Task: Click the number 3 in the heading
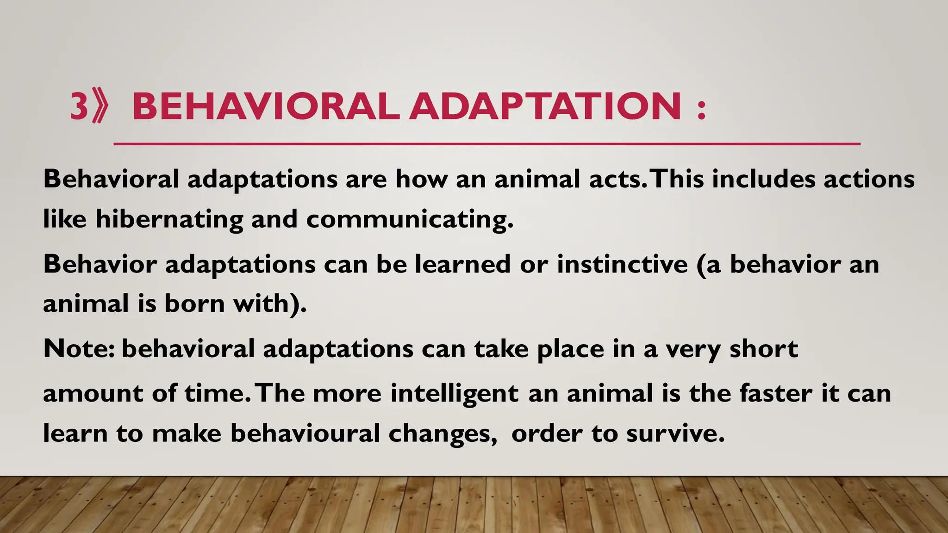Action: pos(79,106)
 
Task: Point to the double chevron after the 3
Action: pos(100,107)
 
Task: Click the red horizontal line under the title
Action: pos(486,144)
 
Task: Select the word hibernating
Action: pos(169,219)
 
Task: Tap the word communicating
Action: pos(409,219)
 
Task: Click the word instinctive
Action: pos(622,264)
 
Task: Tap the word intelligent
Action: pos(454,394)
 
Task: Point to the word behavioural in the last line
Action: pos(305,434)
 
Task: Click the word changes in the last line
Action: pos(442,434)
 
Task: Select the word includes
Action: pos(763,180)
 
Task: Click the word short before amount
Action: pos(764,349)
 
